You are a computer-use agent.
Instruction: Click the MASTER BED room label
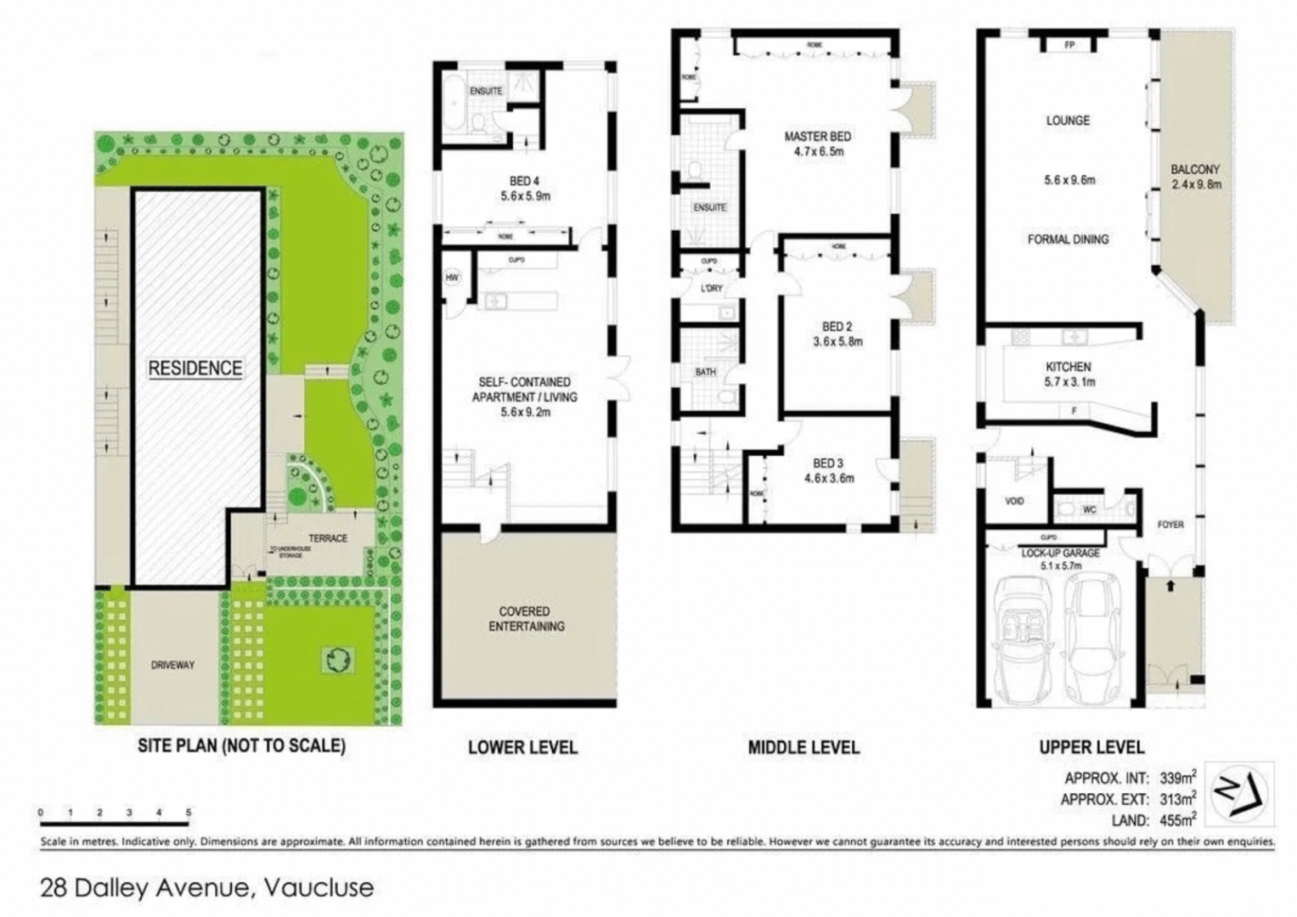click(817, 137)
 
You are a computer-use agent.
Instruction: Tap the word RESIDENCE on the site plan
click(195, 368)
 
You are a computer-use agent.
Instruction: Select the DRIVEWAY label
click(172, 665)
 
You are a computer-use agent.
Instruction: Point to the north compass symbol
click(1239, 793)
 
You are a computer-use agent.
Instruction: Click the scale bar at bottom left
click(114, 823)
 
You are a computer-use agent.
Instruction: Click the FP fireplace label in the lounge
click(1069, 45)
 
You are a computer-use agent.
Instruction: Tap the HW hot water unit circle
click(451, 278)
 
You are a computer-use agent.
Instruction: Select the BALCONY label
click(1194, 170)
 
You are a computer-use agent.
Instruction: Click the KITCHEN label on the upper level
click(1068, 367)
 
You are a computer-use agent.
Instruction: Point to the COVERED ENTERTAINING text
click(524, 619)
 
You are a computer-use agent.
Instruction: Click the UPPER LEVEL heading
click(1091, 747)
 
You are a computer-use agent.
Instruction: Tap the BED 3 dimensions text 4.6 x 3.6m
click(829, 478)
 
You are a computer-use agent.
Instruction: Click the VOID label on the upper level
click(1014, 501)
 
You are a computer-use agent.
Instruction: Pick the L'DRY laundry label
click(711, 289)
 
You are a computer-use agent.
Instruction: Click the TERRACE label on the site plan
click(328, 538)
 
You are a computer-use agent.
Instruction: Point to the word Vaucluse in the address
click(319, 888)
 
